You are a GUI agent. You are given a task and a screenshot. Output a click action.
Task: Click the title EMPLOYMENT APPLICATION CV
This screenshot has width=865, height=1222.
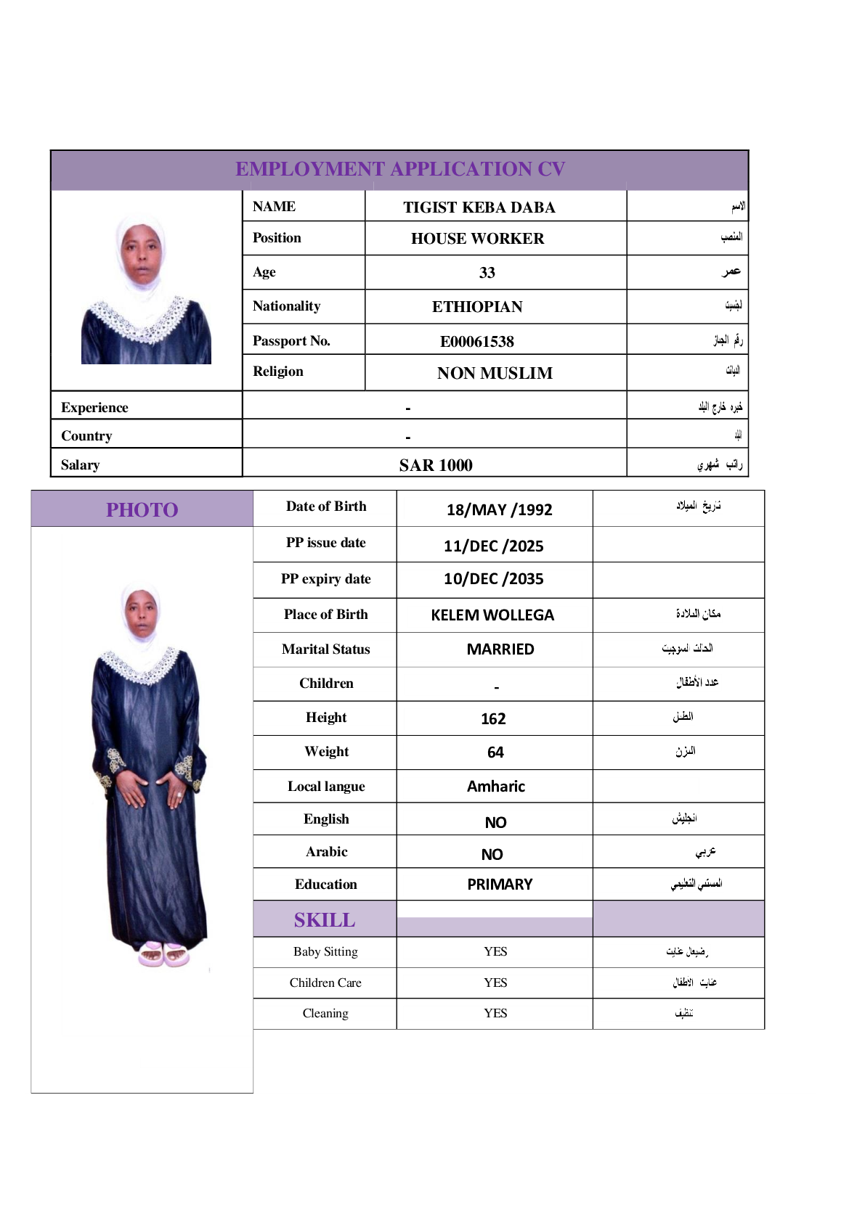point(400,169)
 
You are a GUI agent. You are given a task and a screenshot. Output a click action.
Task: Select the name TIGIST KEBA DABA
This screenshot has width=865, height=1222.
point(479,208)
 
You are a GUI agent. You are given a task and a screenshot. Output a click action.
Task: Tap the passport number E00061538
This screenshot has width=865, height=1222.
point(476,341)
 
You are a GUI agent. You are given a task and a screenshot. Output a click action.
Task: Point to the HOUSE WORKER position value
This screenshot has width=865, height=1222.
point(477,239)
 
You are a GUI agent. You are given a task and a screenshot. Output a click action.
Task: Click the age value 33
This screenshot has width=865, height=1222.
point(487,273)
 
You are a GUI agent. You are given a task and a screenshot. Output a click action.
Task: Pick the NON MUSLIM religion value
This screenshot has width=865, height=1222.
point(495,373)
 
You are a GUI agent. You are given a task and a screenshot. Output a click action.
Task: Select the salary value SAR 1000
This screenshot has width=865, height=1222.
point(435,465)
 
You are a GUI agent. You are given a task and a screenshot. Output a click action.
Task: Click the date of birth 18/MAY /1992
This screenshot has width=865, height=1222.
point(499,509)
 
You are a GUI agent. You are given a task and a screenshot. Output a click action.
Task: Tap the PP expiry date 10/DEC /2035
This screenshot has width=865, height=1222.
point(493,579)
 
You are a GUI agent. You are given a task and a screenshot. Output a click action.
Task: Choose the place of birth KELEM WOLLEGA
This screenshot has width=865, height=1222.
point(492,615)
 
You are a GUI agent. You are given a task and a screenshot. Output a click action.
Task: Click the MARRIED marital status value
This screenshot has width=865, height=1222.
point(500,649)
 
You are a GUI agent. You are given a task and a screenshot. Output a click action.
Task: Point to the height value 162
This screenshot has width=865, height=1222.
point(493,719)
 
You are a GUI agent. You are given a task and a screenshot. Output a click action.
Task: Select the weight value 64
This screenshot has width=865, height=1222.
point(495,753)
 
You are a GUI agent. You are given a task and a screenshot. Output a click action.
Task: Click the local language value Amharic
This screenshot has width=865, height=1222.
point(495,787)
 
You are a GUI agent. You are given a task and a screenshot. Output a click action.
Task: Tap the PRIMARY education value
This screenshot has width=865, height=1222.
point(500,885)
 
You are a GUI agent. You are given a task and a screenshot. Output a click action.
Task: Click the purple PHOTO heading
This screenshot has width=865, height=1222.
point(142,510)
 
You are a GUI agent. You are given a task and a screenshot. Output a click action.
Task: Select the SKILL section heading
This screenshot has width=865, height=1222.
point(325,920)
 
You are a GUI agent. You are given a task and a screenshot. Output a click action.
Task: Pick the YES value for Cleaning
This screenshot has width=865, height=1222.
point(495,1013)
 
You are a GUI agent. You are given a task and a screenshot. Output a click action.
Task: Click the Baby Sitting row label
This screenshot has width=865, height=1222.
point(325,951)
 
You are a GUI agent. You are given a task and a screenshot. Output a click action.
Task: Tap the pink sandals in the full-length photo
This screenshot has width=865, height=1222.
point(163,954)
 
